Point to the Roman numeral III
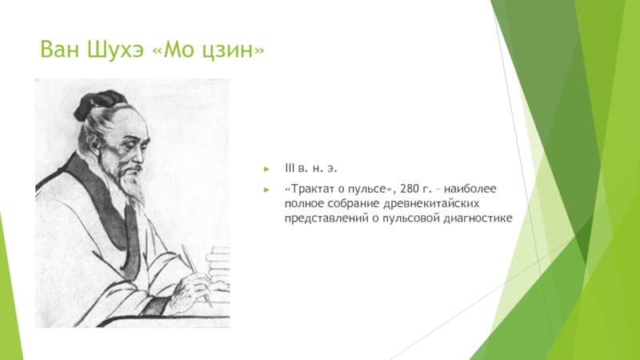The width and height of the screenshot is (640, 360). click(290, 168)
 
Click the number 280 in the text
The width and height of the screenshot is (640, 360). click(410, 189)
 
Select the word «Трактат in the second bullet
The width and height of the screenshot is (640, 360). click(309, 189)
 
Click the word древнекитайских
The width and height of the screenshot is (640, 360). click(431, 203)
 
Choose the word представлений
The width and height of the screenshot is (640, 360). click(326, 218)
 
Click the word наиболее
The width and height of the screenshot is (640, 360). click(470, 189)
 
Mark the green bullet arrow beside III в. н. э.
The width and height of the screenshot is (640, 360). click(267, 169)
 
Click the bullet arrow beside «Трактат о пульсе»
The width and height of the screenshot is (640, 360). click(267, 190)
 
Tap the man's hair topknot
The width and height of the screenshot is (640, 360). click(98, 102)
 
